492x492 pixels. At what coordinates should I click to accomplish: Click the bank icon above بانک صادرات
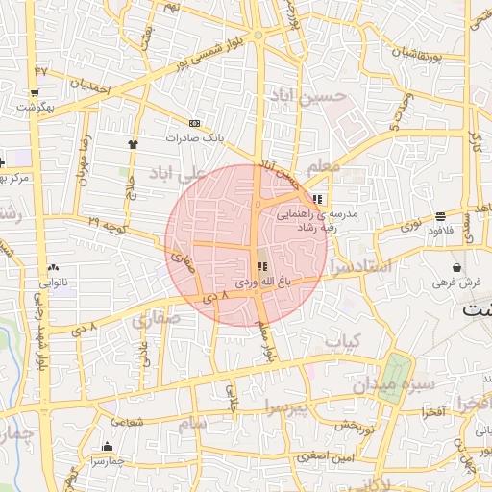point(195,124)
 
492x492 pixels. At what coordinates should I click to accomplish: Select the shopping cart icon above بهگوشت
point(35,94)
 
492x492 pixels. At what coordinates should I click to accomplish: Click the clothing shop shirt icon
point(133,144)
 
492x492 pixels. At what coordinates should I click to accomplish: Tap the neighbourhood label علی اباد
point(178,172)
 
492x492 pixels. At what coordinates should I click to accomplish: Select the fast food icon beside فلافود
point(440,216)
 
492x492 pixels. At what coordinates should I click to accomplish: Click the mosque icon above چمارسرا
point(106,446)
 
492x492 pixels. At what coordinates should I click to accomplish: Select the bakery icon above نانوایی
point(52,268)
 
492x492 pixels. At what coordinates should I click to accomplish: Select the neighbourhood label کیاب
point(341,341)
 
